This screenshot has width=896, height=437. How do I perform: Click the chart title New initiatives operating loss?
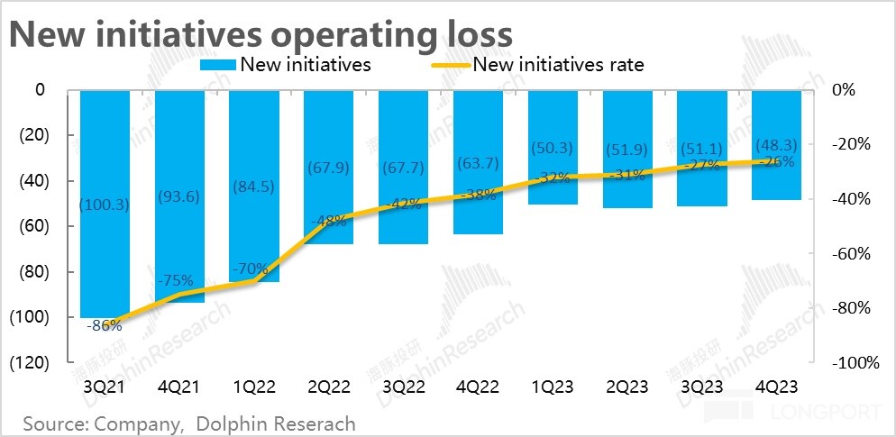point(261,33)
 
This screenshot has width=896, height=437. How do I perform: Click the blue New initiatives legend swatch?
point(216,64)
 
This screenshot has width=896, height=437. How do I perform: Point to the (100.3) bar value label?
point(105,205)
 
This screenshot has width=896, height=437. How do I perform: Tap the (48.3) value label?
point(777,143)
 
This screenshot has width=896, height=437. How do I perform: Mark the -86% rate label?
point(105,325)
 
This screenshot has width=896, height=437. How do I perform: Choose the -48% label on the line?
point(329,219)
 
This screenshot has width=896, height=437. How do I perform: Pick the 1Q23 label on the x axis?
point(552,386)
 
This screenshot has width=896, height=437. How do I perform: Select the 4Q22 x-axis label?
point(478,386)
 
